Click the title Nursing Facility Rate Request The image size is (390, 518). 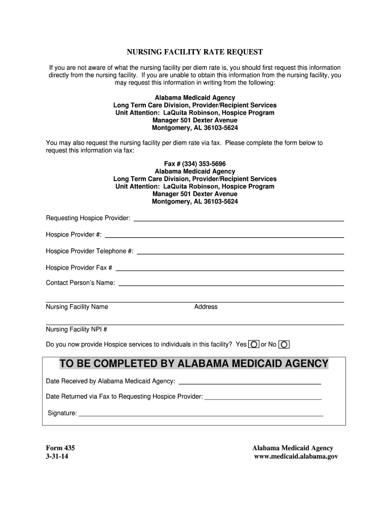(194, 52)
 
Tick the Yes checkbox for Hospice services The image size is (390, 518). (254, 344)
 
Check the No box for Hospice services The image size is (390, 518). (284, 344)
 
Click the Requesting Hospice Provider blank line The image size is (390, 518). (238, 219)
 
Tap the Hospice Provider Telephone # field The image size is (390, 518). (241, 252)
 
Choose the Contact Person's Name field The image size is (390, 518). (231, 284)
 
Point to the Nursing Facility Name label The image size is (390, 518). (77, 307)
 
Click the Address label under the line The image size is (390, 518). (206, 307)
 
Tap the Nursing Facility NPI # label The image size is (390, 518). (76, 330)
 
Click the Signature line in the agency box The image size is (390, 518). (201, 414)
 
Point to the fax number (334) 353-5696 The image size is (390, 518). (195, 164)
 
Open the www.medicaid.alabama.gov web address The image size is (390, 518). (295, 456)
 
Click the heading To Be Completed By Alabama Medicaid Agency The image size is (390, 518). (194, 364)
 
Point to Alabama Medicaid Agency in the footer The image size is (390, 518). (293, 448)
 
